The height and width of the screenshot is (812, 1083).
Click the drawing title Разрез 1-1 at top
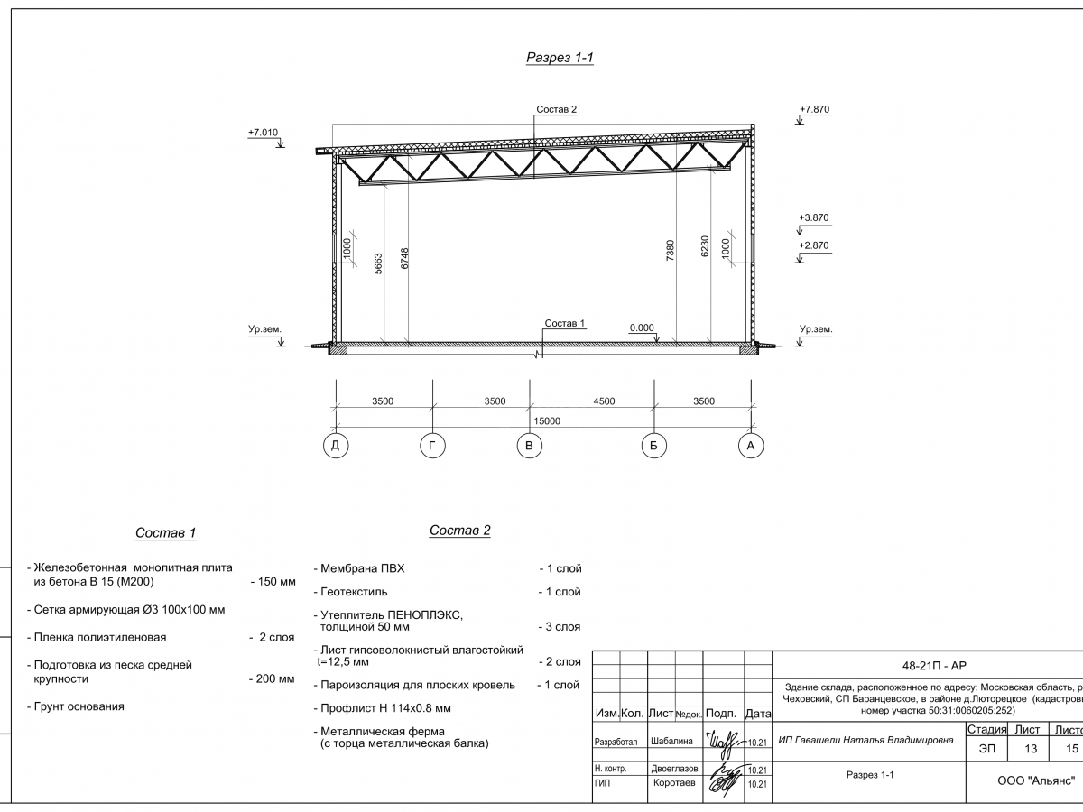click(560, 59)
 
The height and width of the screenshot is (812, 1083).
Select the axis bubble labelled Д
click(336, 445)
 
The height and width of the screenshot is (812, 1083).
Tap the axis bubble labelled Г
click(433, 445)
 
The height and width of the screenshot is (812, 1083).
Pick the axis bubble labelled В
click(530, 445)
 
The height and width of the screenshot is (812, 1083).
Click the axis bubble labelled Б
click(653, 445)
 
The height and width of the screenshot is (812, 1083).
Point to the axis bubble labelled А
click(749, 445)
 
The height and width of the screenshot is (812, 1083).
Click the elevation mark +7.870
click(814, 110)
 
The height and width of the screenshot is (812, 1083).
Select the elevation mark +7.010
click(263, 133)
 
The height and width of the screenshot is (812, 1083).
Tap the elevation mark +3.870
click(814, 218)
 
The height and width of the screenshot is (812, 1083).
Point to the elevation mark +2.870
click(814, 245)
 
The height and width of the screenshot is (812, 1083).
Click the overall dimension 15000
click(547, 420)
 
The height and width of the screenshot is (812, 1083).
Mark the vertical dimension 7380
click(670, 251)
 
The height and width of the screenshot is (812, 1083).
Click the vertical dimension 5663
click(379, 262)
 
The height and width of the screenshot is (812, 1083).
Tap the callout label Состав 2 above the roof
click(556, 109)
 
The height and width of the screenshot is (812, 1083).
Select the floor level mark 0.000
click(642, 328)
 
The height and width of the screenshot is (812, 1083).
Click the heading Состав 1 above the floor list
click(165, 533)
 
